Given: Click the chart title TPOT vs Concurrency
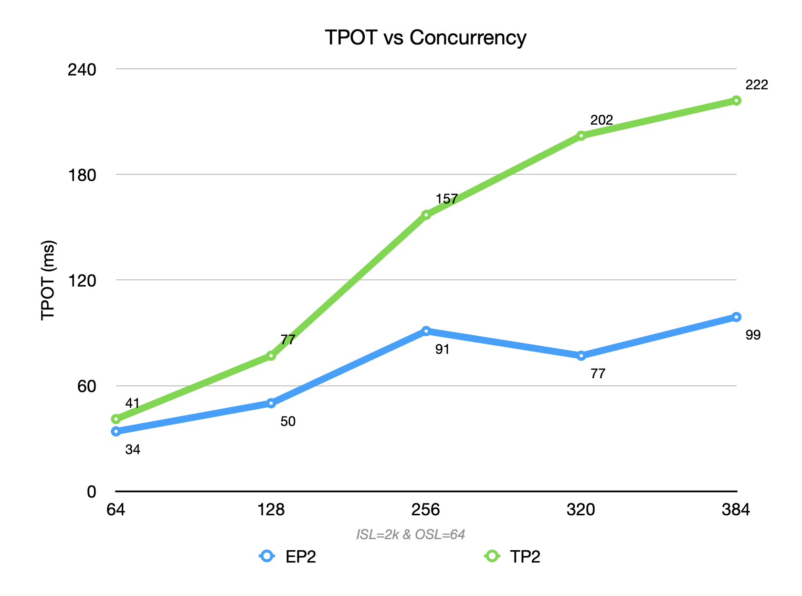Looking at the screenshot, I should [425, 38].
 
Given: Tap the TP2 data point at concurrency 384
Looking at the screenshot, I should [736, 100].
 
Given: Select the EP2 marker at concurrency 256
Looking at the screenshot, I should [426, 330].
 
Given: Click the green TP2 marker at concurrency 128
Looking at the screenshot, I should [271, 355].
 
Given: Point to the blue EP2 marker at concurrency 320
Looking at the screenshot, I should [581, 355].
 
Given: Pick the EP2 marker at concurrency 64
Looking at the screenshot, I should [116, 431].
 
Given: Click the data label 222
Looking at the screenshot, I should [757, 85].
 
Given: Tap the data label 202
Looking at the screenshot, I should [601, 120].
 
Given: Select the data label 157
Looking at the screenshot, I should [446, 199].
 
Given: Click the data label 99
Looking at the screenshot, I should [753, 335].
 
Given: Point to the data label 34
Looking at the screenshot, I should [133, 450].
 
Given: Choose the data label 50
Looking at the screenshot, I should [288, 422].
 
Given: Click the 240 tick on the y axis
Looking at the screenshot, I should [82, 69].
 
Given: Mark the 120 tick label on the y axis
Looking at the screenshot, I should [82, 280].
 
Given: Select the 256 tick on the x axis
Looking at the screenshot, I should [426, 510].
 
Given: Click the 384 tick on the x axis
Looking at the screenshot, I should [736, 510].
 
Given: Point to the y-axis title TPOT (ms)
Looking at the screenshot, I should [48, 280].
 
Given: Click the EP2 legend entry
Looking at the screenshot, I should [288, 557].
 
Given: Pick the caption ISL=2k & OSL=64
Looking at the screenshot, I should [411, 534].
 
